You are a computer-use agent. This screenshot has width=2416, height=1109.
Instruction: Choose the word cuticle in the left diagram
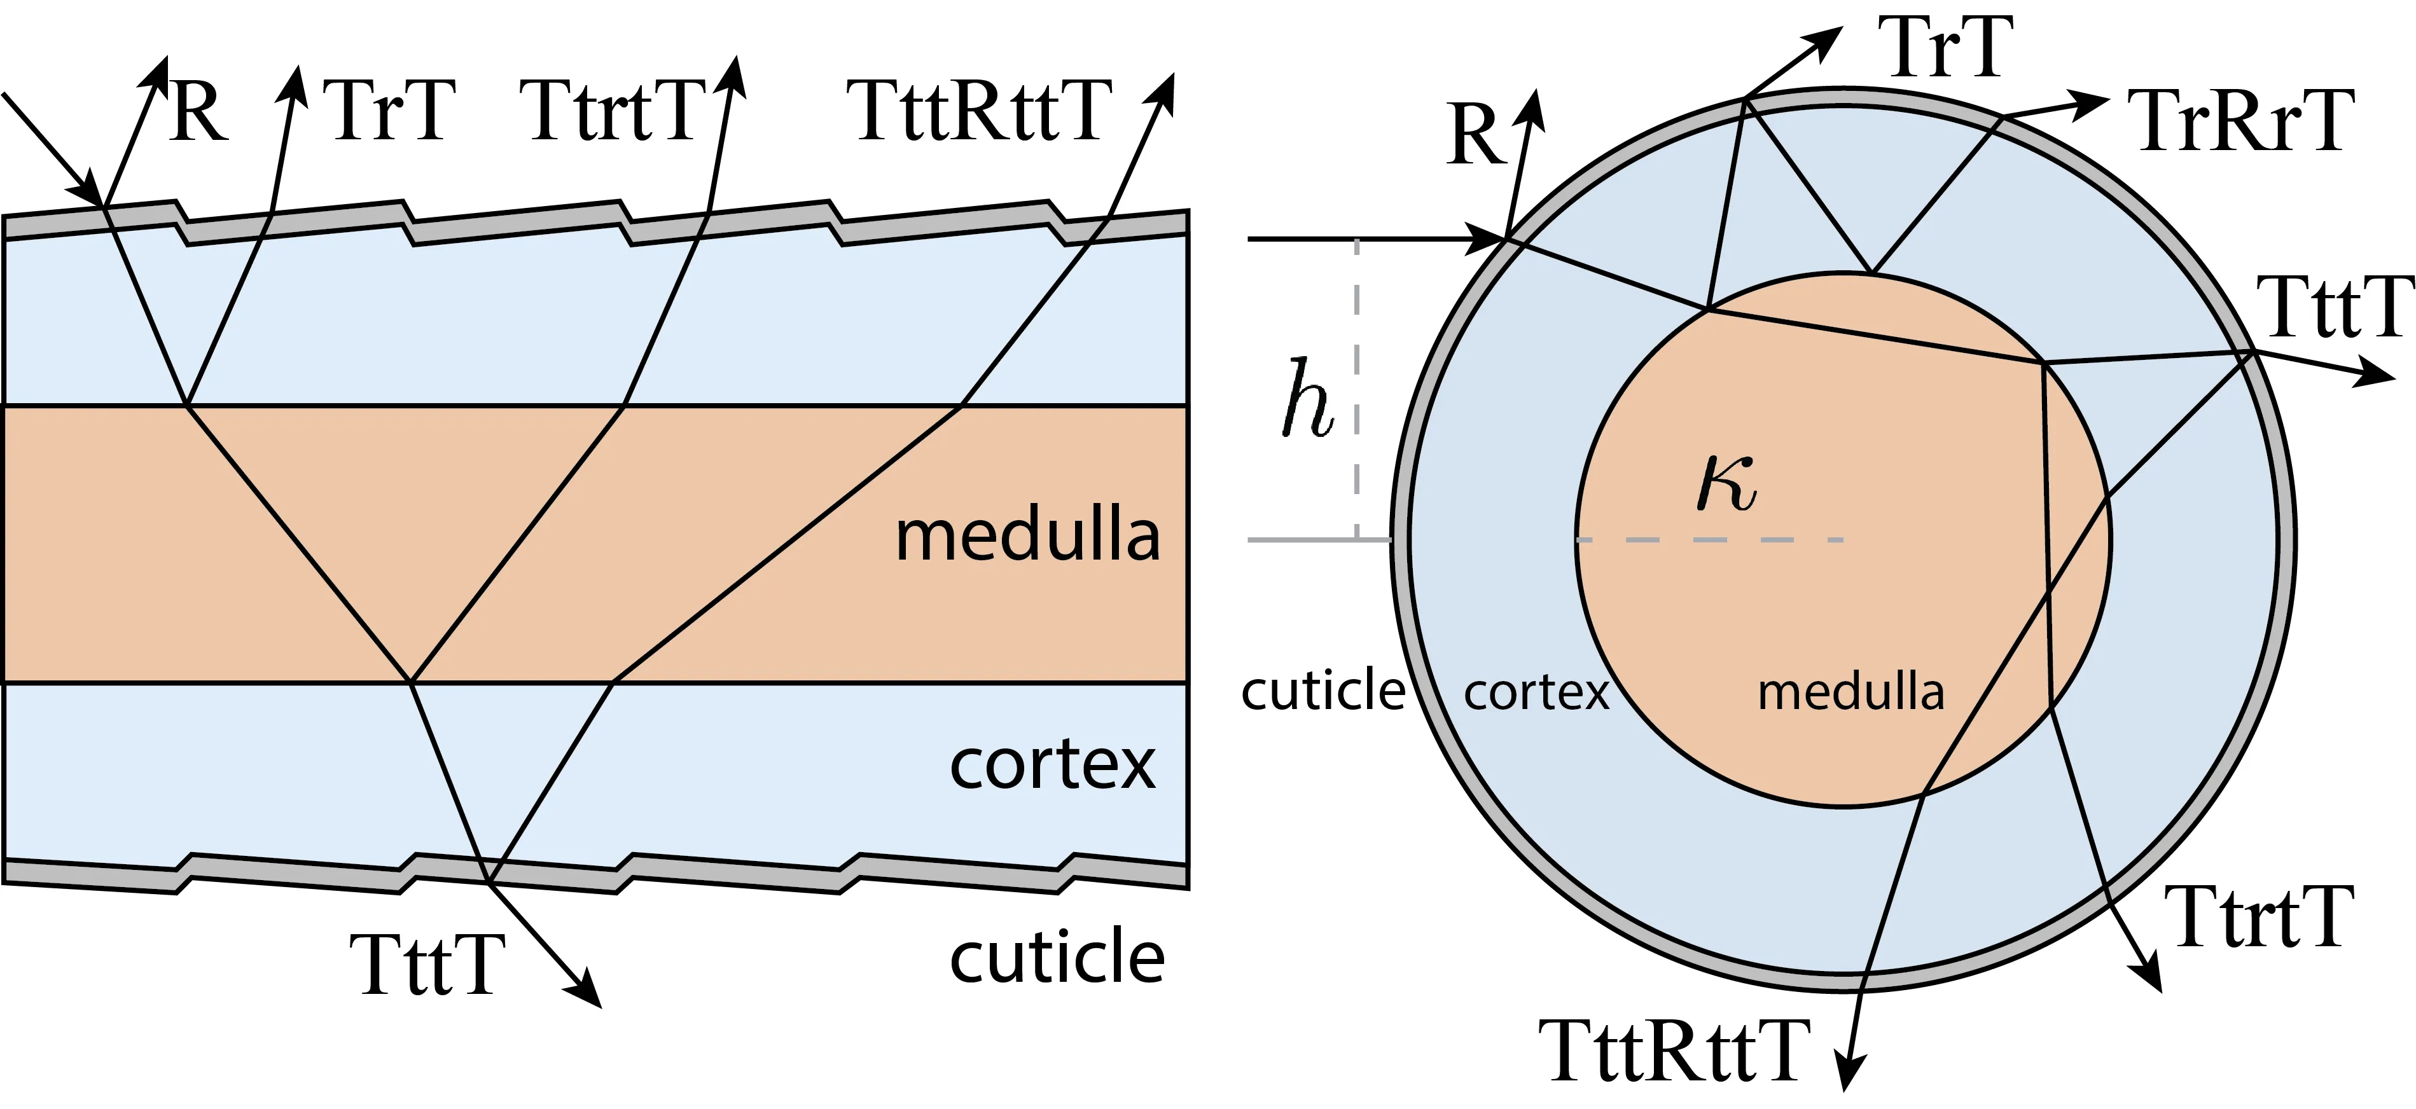(1057, 956)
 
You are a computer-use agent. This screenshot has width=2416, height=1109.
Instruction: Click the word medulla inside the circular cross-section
(1850, 692)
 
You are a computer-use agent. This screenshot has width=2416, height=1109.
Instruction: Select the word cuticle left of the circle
(1323, 690)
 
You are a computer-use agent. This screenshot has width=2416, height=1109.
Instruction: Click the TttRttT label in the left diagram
(979, 111)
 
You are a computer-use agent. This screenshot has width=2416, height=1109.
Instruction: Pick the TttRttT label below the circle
(1675, 1051)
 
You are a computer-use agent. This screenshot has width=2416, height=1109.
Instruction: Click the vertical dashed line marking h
(1357, 389)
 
